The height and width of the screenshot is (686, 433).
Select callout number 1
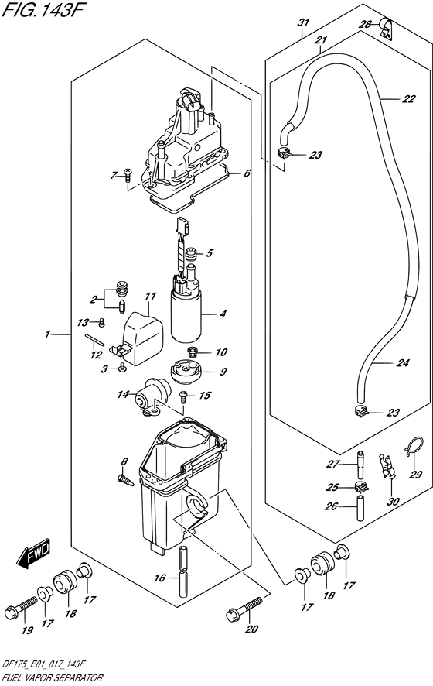[46, 334]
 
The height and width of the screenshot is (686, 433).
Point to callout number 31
[304, 22]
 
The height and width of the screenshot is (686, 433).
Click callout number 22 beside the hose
[408, 99]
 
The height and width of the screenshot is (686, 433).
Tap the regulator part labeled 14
[152, 396]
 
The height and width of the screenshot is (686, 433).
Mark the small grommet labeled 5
[191, 254]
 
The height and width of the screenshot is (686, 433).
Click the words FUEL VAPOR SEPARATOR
[53, 677]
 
